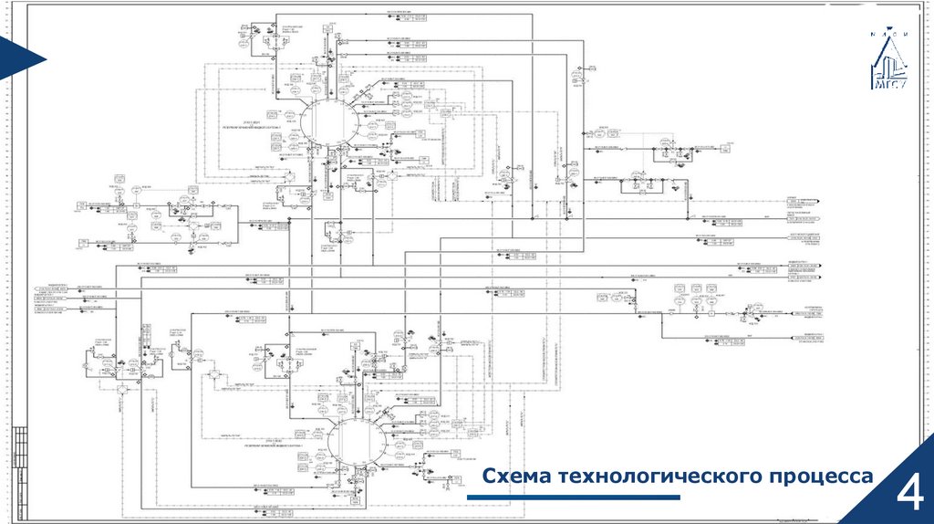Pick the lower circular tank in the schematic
(354, 442)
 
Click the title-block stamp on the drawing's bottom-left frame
(20, 466)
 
